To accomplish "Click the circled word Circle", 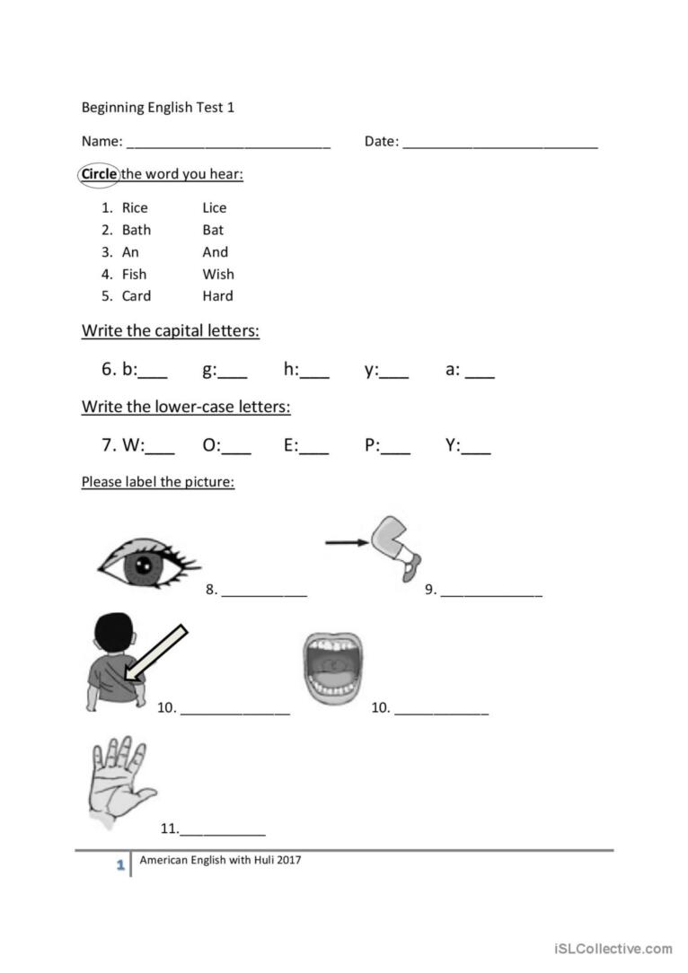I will click(x=99, y=174).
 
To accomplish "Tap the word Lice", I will click(x=215, y=208).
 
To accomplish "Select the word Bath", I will click(x=137, y=230).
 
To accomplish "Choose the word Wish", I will click(x=218, y=274).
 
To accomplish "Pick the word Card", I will click(x=137, y=296).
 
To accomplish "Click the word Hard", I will click(x=218, y=296).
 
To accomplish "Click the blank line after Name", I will click(x=228, y=144).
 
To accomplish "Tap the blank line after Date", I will click(x=499, y=144).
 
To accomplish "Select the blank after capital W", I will click(x=161, y=451).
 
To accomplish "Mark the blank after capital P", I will click(x=396, y=451).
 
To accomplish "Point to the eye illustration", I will click(x=146, y=565).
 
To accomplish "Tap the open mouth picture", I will click(x=331, y=670).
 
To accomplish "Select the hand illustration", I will click(x=119, y=781).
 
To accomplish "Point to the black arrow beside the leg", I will click(x=347, y=542).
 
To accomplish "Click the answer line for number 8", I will click(x=264, y=594).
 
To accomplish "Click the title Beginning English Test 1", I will click(x=158, y=108).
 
